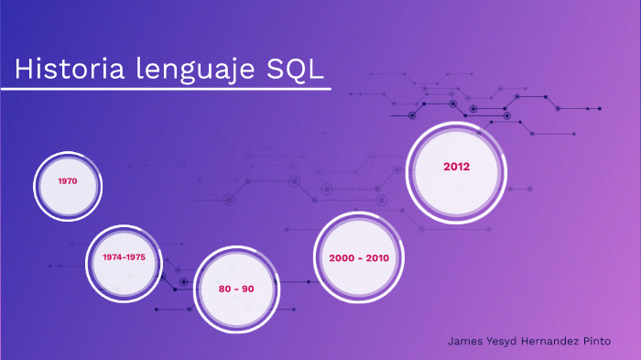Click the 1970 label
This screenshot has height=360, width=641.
(67, 181)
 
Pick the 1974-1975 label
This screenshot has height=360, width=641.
(124, 256)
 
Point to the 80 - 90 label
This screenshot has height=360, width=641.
(236, 289)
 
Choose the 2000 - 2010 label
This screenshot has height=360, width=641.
(359, 258)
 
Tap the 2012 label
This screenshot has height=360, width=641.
(456, 167)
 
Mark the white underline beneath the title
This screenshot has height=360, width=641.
(165, 90)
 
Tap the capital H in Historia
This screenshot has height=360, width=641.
(23, 70)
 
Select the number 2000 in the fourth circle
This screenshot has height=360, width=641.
(341, 258)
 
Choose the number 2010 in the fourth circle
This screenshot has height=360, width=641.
(377, 258)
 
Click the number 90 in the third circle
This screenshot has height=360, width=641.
(247, 289)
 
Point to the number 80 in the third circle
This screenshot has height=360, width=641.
(225, 289)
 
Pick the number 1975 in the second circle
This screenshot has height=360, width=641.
(136, 256)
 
